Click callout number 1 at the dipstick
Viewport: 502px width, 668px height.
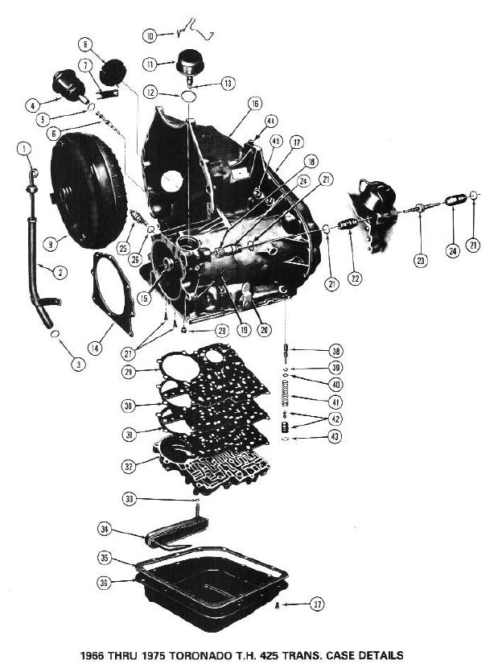pos(25,149)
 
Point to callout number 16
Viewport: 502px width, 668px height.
pos(254,104)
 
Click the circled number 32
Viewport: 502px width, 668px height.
pos(129,464)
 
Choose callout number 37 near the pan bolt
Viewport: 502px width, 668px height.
pos(319,604)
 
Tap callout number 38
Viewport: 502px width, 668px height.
pos(335,350)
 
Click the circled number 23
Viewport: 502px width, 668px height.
pos(421,259)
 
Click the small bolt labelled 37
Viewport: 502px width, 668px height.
pos(277,604)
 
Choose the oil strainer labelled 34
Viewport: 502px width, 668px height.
pos(173,533)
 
